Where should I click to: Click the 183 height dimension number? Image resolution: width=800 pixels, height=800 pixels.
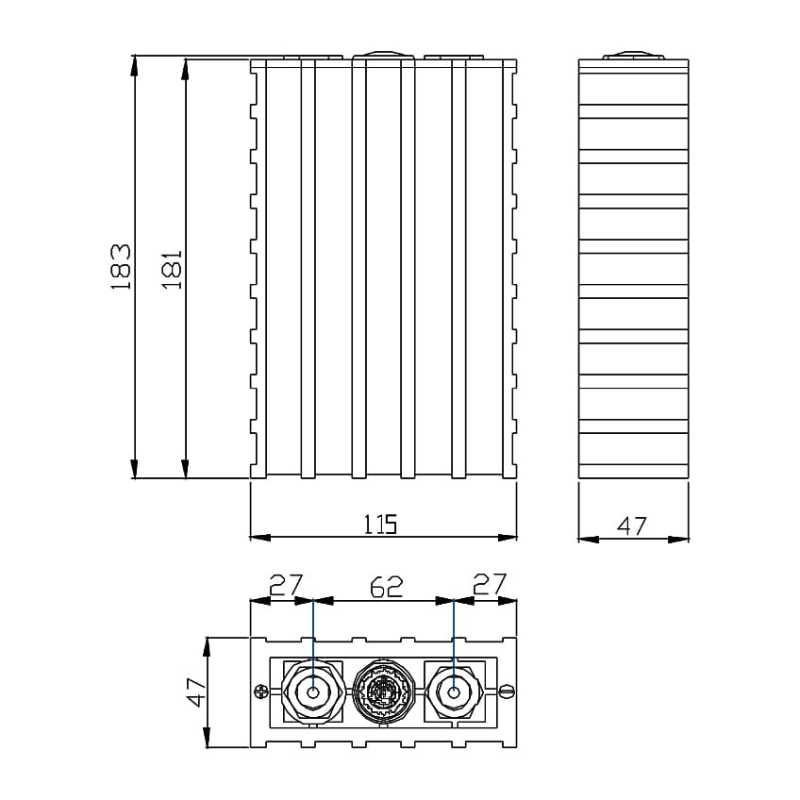120,266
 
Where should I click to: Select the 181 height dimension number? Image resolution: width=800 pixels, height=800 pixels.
171,268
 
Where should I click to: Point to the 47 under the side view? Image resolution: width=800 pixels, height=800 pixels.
632,525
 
